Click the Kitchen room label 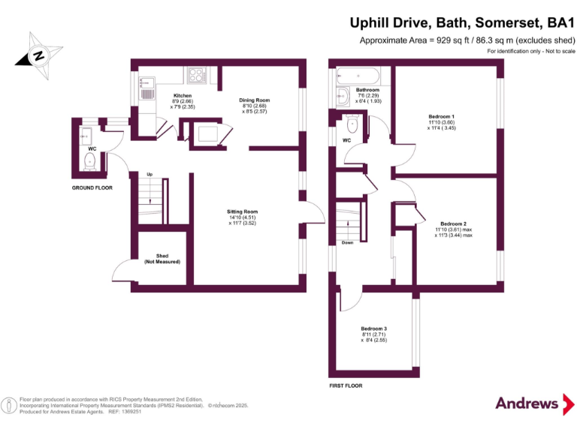(x=183, y=96)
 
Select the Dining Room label (x=254, y=100)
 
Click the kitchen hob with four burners (x=197, y=74)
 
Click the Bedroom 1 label (x=441, y=116)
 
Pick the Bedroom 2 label (x=453, y=223)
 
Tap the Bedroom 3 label (x=373, y=329)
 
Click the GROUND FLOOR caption (x=92, y=187)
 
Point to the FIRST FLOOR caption (x=346, y=385)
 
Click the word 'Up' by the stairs (x=150, y=174)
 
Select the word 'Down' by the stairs (x=346, y=243)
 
